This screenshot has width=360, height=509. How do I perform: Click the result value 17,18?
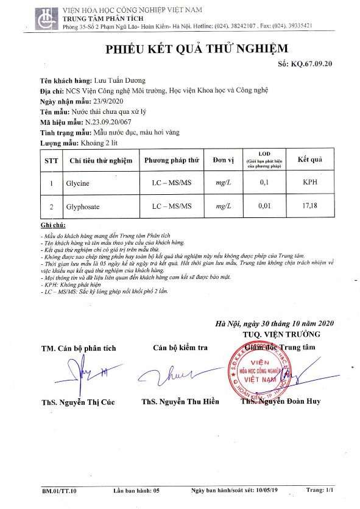[x=311, y=206]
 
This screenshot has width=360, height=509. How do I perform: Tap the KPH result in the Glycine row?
[x=310, y=183]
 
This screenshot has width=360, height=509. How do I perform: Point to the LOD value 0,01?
[x=264, y=206]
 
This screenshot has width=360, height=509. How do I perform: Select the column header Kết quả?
[x=309, y=160]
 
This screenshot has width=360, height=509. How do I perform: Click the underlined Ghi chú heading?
[x=52, y=225]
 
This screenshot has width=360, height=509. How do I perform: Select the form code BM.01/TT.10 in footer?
[x=60, y=491]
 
